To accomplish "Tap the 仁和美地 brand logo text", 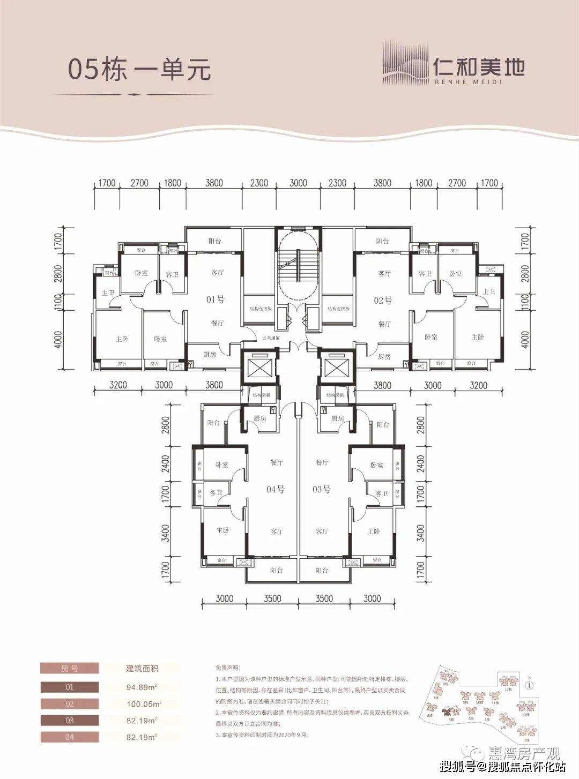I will point(478,68).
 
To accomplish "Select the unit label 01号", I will point(215,299).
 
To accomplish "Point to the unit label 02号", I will point(383,301).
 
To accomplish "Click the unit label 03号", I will point(321,489).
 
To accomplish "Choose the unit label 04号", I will point(275,489).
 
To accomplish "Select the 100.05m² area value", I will point(143,704).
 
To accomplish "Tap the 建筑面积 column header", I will point(142,669).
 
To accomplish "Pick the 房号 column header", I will point(70,669).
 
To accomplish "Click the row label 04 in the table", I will point(70,737).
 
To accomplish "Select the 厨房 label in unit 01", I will point(210,354).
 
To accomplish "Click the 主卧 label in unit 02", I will point(477,337).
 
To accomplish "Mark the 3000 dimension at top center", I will point(298,183).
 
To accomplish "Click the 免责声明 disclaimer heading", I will point(228,669).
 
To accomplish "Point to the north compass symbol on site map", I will point(529,684).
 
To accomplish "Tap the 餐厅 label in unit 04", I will point(276,462).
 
